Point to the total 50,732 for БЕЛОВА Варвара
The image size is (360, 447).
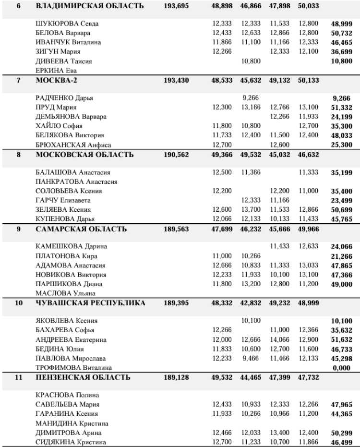tap(341, 33)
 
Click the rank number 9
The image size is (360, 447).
tap(19, 229)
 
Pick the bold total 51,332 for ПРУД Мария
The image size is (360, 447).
tap(341, 108)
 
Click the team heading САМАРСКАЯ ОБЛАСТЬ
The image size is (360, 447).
tap(81, 229)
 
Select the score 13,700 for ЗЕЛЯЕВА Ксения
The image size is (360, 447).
tap(250, 210)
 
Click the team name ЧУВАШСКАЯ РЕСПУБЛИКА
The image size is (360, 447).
tap(91, 303)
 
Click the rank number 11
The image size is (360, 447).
tap(19, 378)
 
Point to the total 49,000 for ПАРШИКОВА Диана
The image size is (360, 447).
tap(341, 285)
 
